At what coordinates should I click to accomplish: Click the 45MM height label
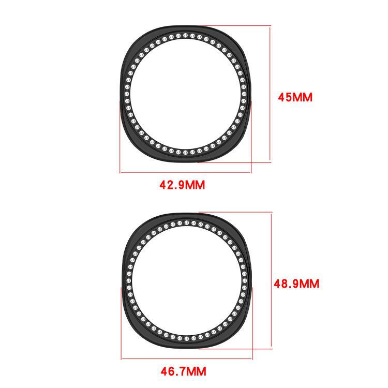pos(295,97)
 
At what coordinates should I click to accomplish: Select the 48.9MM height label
pos(296,283)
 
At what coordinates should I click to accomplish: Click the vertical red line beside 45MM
pos(270,93)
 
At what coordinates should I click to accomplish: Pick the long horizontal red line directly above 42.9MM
pos(186,172)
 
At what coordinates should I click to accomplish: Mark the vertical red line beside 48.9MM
pos(272,279)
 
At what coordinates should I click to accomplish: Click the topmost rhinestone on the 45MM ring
pos(185,35)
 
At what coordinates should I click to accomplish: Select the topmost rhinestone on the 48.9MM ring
pos(186,222)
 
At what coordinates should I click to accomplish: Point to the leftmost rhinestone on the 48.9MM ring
pos(128,282)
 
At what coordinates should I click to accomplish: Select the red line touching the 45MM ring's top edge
pos(235,25)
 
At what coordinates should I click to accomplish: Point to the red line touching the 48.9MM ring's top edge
pos(235,212)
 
